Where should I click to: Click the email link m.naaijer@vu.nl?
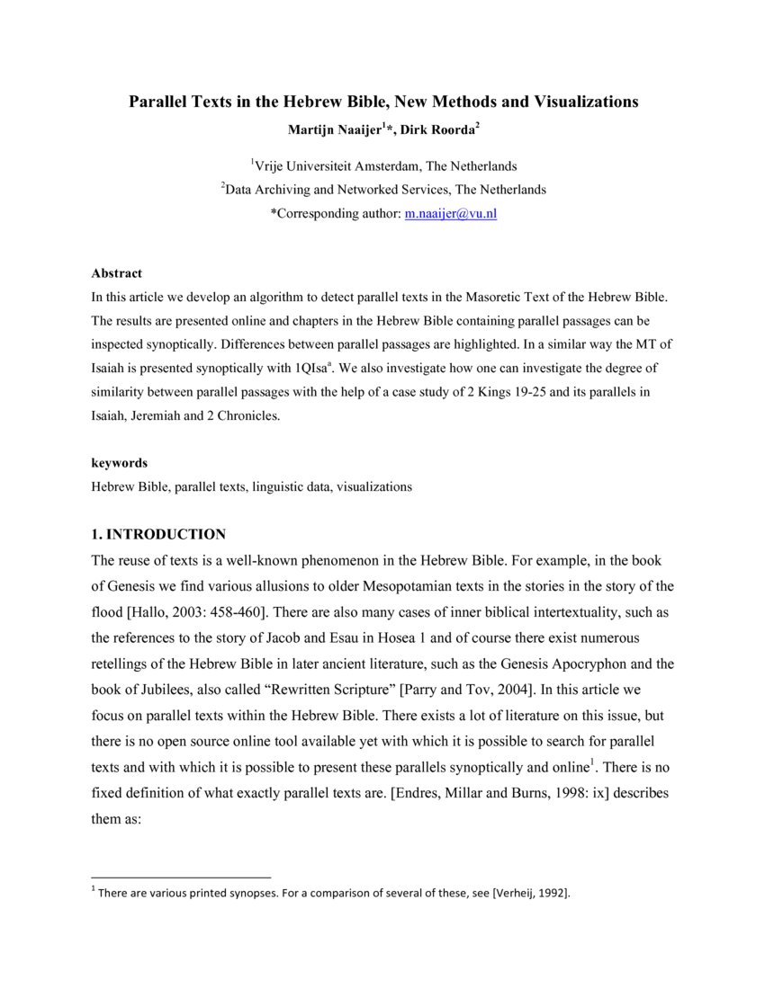pos(450,214)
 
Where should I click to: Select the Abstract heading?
pos(116,273)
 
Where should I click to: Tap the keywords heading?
pos(119,463)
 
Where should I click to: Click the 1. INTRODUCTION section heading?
pos(158,534)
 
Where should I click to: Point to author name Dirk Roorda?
pos(440,129)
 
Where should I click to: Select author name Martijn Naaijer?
pos(331,129)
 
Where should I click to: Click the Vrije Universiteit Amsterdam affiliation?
pos(385,165)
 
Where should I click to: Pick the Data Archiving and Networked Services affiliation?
pos(385,190)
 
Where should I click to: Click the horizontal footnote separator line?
pos(181,877)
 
